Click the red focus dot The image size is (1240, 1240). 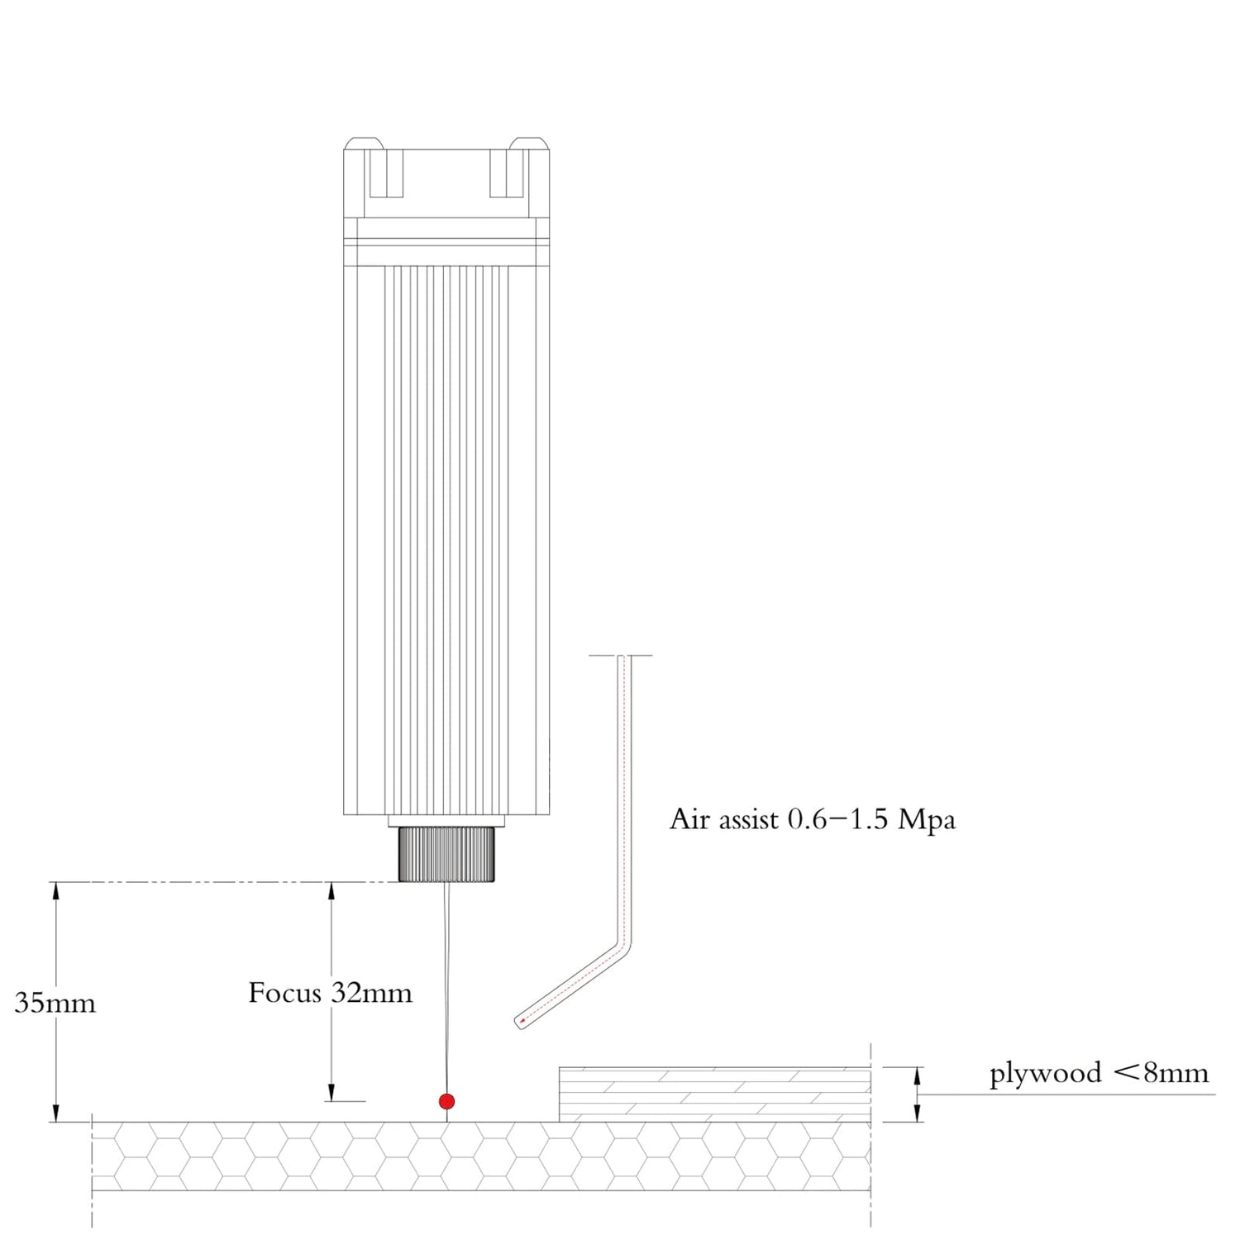point(446,1101)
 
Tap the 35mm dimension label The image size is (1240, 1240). point(55,1004)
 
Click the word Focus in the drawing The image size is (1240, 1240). point(284,993)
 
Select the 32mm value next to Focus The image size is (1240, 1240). point(371,993)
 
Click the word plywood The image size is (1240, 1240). point(1045,1074)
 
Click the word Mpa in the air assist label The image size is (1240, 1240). point(927,819)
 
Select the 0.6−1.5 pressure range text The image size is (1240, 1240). point(837,819)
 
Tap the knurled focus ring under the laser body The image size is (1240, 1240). point(446,854)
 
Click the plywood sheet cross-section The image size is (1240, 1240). point(714,1095)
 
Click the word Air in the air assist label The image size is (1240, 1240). point(689,819)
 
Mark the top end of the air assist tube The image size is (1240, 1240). point(622,657)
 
